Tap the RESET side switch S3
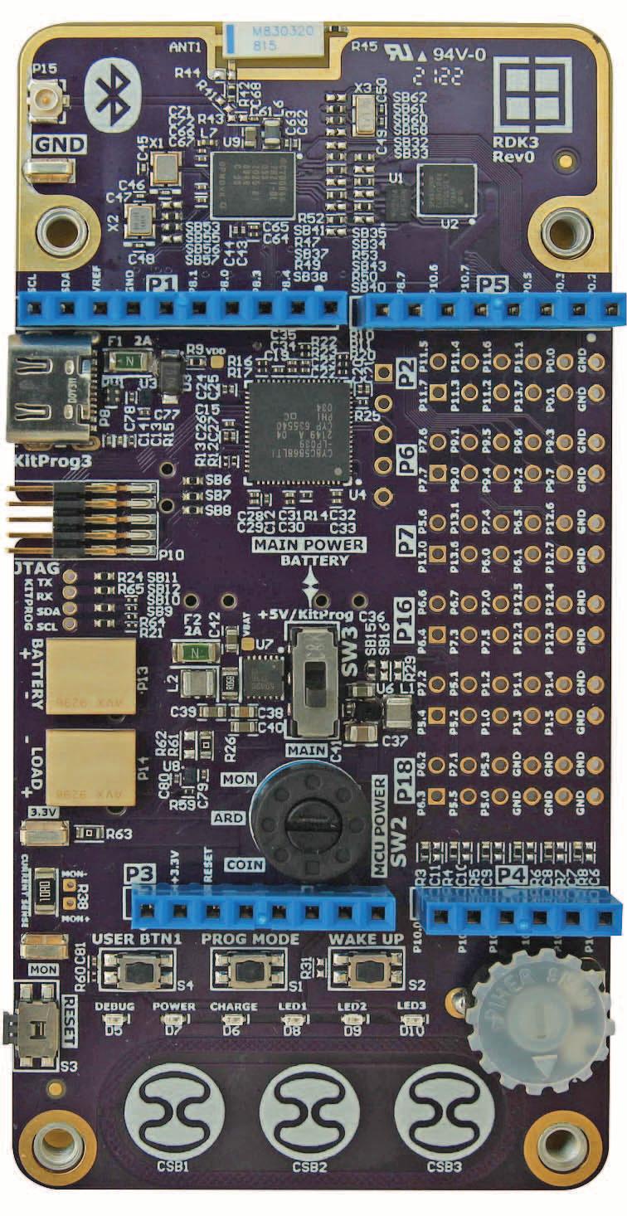[33, 1031]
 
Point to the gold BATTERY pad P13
[90, 677]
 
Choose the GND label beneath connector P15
[59, 144]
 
